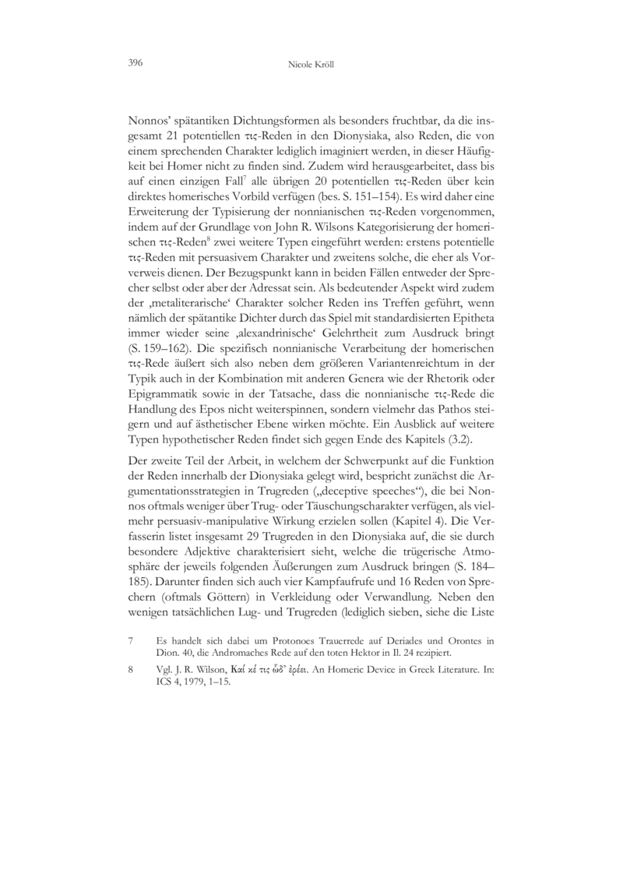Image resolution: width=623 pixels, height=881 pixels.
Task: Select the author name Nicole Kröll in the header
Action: (x=311, y=62)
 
